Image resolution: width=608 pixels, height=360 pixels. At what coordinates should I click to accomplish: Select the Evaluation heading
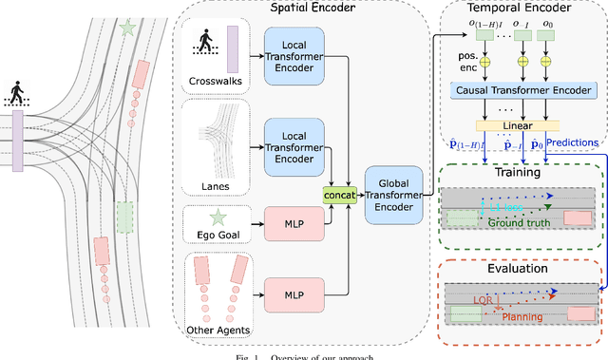[517, 269]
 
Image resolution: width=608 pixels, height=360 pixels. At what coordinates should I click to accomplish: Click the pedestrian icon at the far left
[17, 93]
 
